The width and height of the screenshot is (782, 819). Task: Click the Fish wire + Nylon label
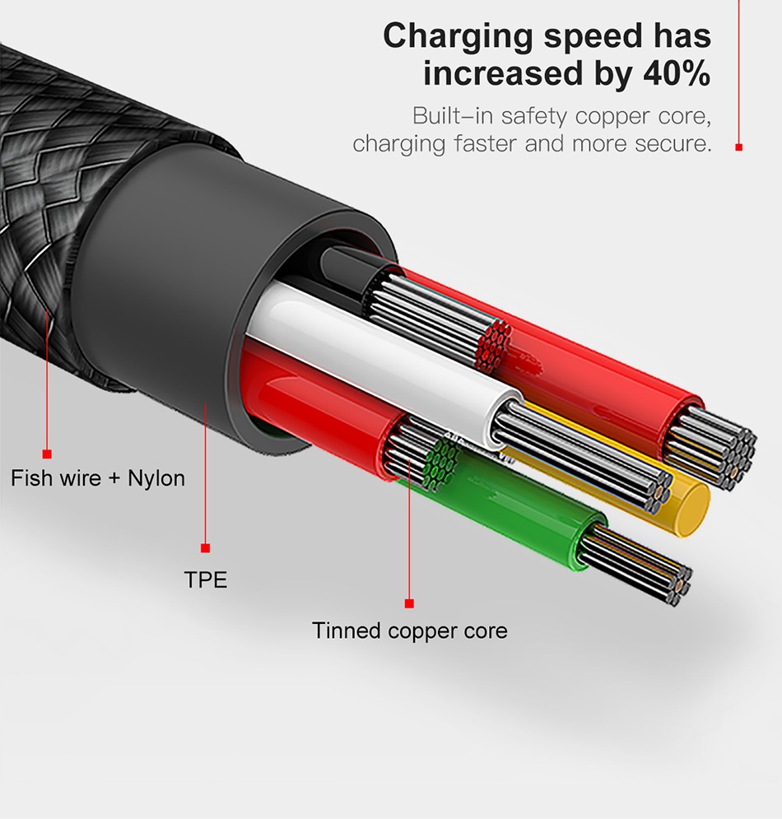98,478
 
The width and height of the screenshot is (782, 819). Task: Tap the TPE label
206,579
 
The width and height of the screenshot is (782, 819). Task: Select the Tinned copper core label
410,631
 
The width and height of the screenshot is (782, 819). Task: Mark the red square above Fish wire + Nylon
47,454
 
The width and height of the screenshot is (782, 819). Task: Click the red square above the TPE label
206,548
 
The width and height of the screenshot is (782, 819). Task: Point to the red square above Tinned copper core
409,604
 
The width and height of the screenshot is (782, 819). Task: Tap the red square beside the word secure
738,147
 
